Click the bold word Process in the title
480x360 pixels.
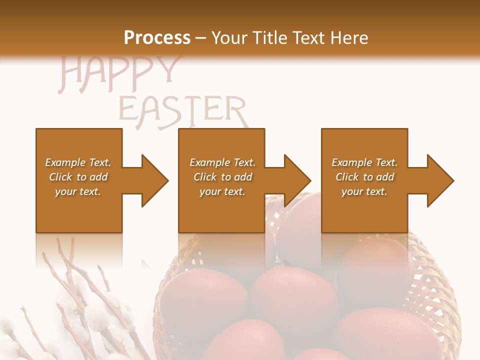coord(157,37)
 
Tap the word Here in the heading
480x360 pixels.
coord(349,37)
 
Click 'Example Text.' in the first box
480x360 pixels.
coord(78,162)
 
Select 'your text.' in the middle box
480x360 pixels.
coord(222,191)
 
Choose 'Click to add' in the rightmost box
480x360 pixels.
coord(364,177)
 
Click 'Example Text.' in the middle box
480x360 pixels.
coord(222,162)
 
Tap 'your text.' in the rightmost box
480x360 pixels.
coord(364,191)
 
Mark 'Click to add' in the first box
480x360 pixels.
coord(78,177)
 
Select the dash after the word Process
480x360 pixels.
coord(201,38)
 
